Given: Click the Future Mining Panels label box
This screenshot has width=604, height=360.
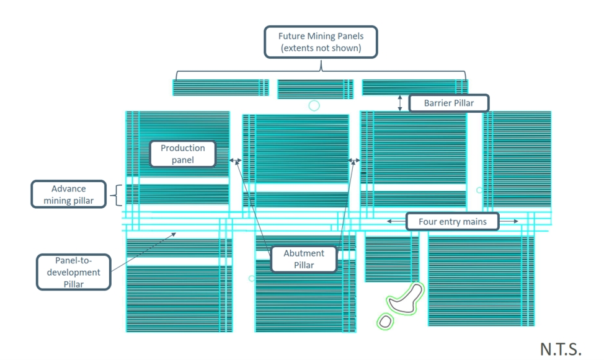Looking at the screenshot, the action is pyautogui.click(x=321, y=42).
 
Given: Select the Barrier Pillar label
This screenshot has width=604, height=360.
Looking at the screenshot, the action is pyautogui.click(x=449, y=103).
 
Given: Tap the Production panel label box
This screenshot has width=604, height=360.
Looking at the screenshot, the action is pyautogui.click(x=182, y=154).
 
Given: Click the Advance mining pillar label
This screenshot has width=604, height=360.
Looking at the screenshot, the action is pyautogui.click(x=69, y=195).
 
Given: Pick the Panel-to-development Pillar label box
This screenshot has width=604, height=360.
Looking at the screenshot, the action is pyautogui.click(x=74, y=272).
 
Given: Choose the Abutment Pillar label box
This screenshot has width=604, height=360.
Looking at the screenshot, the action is pyautogui.click(x=304, y=259).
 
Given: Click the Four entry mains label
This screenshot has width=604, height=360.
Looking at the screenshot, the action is pyautogui.click(x=453, y=222).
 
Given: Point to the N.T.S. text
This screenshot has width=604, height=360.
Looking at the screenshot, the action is pyautogui.click(x=561, y=349).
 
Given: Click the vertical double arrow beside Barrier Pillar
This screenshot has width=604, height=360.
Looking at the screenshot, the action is pyautogui.click(x=400, y=103).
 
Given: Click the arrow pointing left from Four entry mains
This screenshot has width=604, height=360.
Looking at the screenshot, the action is pyautogui.click(x=396, y=221).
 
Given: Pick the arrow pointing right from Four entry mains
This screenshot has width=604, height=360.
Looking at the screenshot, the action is pyautogui.click(x=509, y=221).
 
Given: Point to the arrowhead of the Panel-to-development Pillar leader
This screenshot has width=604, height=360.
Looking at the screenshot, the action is pyautogui.click(x=174, y=234).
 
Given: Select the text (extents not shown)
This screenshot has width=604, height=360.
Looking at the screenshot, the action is pyautogui.click(x=321, y=48).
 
